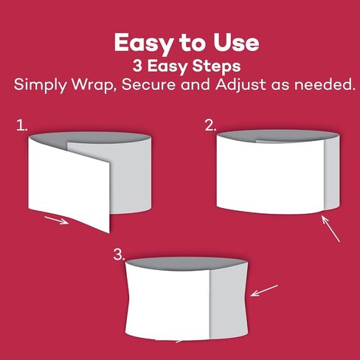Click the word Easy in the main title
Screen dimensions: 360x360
(x=144, y=44)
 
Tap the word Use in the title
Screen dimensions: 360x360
(x=236, y=43)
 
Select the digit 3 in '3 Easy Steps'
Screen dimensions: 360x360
(x=137, y=66)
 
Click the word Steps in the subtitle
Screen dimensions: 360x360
(x=216, y=66)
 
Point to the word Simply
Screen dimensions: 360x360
(x=40, y=85)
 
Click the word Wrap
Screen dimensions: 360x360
(x=94, y=86)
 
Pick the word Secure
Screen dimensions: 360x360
(x=148, y=84)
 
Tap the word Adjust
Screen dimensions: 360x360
(x=240, y=85)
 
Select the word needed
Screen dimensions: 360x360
(x=325, y=84)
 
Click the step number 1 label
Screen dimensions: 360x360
(x=21, y=125)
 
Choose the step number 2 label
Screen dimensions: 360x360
(x=210, y=125)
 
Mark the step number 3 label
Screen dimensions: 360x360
(x=120, y=255)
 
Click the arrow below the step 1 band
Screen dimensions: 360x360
(x=56, y=220)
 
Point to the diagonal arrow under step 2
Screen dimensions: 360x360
(x=330, y=229)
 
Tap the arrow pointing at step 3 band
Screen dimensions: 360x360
(x=264, y=291)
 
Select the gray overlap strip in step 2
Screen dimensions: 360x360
(x=332, y=172)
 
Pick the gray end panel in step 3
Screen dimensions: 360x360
(x=228, y=303)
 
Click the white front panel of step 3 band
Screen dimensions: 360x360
(x=168, y=303)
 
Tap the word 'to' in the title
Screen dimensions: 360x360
(x=193, y=44)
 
